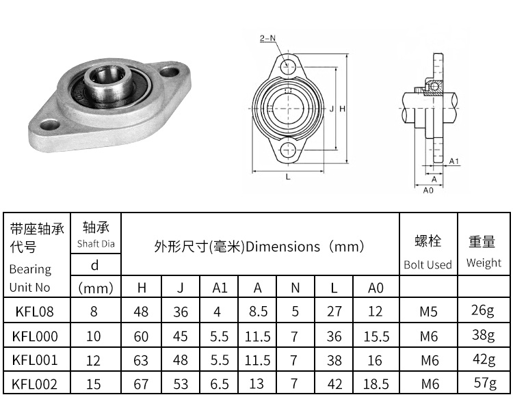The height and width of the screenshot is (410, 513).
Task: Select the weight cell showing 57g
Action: click(484, 383)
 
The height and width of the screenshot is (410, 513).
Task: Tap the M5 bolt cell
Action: click(428, 312)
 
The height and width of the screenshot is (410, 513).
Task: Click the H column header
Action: click(142, 288)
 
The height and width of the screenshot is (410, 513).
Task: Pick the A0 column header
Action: click(376, 288)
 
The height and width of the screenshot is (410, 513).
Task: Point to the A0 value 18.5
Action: click(376, 384)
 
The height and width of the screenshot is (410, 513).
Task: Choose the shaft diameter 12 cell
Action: click(94, 360)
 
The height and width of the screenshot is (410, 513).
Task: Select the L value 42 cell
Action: click(334, 384)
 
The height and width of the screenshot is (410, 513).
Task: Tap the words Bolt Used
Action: click(428, 264)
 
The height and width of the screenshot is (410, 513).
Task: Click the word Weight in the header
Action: click(484, 263)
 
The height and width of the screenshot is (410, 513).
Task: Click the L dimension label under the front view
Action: click(288, 177)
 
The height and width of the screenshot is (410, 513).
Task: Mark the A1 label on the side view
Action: click(453, 161)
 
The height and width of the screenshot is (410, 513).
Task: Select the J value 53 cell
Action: click(181, 384)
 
